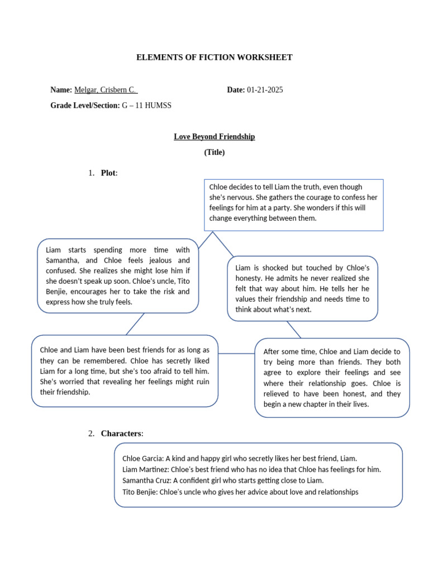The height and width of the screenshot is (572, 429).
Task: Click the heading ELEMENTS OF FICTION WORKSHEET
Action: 214,58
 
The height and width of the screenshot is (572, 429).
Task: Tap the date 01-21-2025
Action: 265,90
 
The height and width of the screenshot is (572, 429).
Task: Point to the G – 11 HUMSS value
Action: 146,105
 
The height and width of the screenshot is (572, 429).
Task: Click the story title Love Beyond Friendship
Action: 214,137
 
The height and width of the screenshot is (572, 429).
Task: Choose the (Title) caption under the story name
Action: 214,152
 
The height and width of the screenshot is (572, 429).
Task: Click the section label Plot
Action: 109,173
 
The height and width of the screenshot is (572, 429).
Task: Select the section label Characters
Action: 122,434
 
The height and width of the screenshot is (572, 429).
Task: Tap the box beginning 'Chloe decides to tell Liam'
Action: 294,204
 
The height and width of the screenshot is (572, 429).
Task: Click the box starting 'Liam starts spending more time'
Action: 118,276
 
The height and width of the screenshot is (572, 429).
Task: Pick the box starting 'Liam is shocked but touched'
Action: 302,288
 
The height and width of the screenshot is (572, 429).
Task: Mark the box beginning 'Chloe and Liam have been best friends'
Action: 125,371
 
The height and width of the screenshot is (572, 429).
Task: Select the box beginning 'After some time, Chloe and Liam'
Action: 332,378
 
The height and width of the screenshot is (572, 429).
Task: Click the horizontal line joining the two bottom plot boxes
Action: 236,354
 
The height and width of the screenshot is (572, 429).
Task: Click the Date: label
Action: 236,90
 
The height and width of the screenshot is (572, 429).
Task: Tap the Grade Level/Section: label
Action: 85,105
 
